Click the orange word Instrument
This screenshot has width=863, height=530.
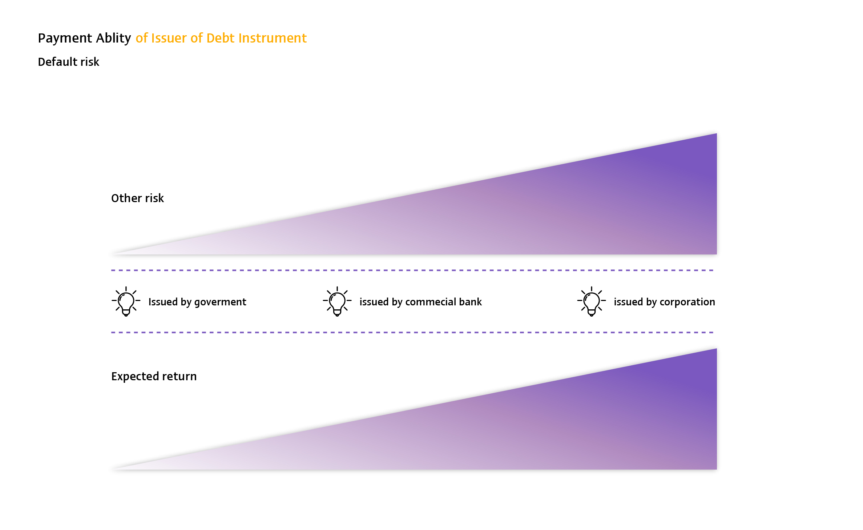tap(273, 38)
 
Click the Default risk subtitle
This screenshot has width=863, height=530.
tap(68, 62)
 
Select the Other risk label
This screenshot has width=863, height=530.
tap(137, 198)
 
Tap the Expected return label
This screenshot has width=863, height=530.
tap(154, 376)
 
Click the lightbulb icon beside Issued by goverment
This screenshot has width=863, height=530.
tap(126, 301)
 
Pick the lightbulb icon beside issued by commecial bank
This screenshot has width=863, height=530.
tap(337, 301)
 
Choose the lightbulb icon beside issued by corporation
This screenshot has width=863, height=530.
tap(592, 301)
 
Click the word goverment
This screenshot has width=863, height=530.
tap(220, 302)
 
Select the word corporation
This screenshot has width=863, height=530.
tap(687, 302)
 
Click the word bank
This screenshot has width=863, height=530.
tap(471, 302)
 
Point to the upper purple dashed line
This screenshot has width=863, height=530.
tap(412, 270)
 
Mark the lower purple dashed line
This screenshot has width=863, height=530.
tap(412, 333)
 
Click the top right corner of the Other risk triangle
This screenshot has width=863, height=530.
tap(717, 133)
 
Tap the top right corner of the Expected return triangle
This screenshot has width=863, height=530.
tap(717, 349)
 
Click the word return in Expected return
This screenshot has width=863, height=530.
tap(180, 376)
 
